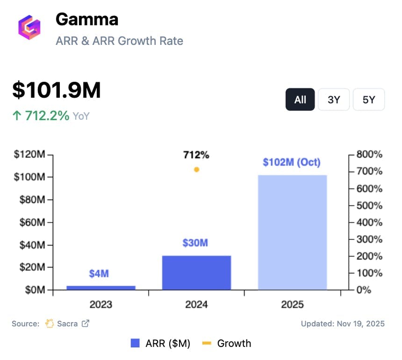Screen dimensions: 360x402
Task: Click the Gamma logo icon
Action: click(x=29, y=27)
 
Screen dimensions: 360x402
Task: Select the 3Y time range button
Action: click(x=333, y=100)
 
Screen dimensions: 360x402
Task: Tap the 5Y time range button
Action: click(x=368, y=100)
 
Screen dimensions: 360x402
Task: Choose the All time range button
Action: click(x=300, y=100)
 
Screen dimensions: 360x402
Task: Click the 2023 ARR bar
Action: click(x=101, y=288)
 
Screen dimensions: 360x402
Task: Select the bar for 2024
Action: click(x=196, y=273)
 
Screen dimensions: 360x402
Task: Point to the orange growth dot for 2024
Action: click(x=196, y=170)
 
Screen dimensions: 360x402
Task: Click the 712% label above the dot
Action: click(x=196, y=155)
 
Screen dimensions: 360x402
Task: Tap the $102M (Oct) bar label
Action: click(x=292, y=163)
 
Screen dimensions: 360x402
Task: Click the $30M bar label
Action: click(x=195, y=243)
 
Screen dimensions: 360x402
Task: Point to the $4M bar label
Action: click(x=99, y=274)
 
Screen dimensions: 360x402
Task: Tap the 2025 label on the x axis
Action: click(x=292, y=305)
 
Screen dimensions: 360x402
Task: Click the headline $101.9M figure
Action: click(x=57, y=90)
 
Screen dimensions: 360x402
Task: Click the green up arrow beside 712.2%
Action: click(x=17, y=115)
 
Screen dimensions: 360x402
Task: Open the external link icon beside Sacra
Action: click(x=86, y=323)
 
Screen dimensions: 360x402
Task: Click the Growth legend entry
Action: click(x=227, y=344)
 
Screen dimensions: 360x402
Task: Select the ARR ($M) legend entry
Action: click(x=161, y=344)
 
